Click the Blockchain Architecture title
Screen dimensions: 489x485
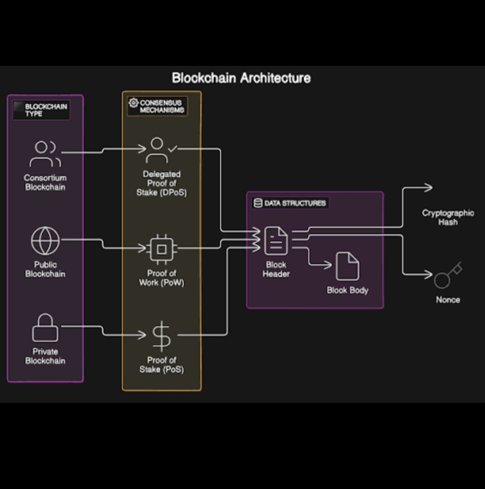tap(241, 78)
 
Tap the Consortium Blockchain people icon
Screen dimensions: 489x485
tap(45, 154)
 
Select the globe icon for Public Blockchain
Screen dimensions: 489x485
tap(45, 240)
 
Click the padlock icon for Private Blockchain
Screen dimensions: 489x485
tap(45, 328)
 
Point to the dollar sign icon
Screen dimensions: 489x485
tap(162, 335)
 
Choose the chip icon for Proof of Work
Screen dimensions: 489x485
tap(161, 249)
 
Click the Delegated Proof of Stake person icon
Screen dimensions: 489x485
tap(157, 150)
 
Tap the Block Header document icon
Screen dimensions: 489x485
tap(276, 241)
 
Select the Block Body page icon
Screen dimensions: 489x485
tap(347, 266)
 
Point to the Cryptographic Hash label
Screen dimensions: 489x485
tap(448, 218)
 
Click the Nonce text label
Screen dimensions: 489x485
tap(448, 300)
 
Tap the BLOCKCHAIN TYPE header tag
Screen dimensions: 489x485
tap(41, 110)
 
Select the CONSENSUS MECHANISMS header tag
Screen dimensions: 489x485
tap(157, 106)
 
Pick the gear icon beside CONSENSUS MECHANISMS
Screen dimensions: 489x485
tap(133, 103)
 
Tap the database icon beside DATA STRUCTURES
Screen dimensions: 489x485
tap(258, 203)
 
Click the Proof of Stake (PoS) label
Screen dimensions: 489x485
tap(162, 365)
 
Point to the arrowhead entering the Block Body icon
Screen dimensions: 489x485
tap(329, 265)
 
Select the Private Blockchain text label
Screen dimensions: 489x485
tap(45, 356)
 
